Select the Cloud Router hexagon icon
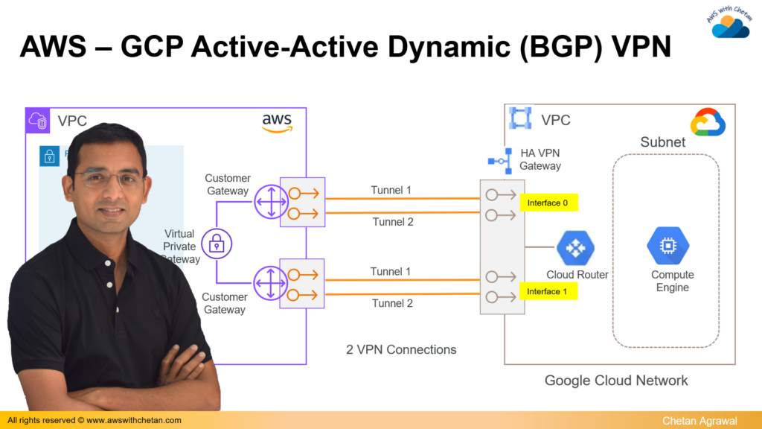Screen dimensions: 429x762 click(x=576, y=249)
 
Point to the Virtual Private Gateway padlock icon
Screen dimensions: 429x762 click(x=217, y=243)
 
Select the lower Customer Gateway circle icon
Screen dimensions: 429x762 click(x=270, y=283)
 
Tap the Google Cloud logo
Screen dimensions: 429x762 click(x=708, y=123)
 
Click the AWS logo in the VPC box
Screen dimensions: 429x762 click(x=278, y=122)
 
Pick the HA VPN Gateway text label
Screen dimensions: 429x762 click(x=540, y=159)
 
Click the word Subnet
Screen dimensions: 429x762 click(x=663, y=142)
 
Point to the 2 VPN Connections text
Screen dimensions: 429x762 click(x=401, y=349)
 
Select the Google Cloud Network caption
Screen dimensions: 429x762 click(x=616, y=381)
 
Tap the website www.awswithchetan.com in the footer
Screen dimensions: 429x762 click(x=133, y=421)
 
